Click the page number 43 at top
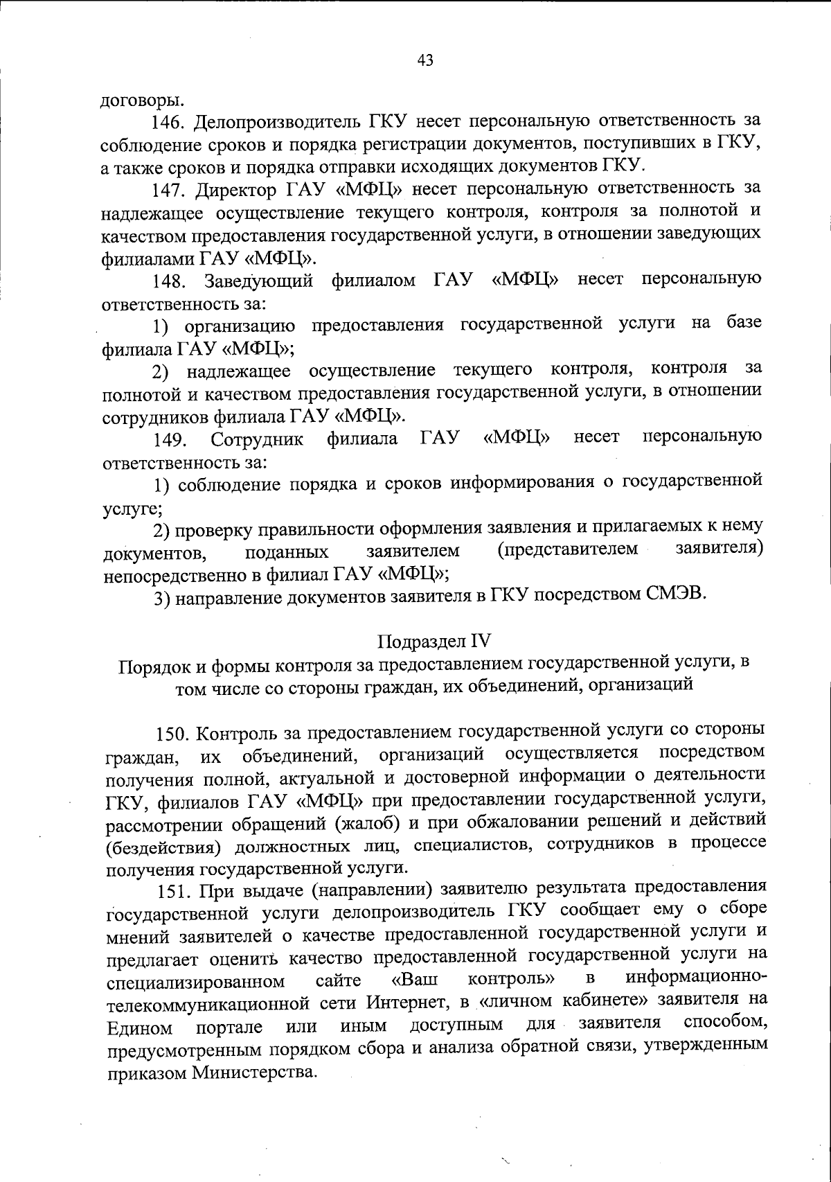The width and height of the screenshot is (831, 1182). pos(425,60)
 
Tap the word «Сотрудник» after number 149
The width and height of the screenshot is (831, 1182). pos(257,439)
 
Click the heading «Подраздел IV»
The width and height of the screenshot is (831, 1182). pos(434,639)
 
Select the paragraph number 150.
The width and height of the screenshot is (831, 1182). pos(175,732)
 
